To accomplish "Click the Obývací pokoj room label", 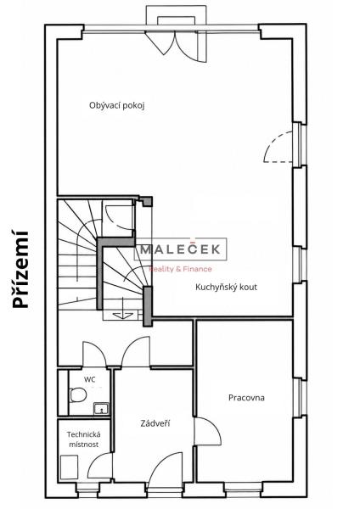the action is (116, 106).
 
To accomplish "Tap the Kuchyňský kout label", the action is (226, 287).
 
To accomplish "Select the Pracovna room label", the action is (246, 398).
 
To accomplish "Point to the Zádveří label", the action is (155, 423).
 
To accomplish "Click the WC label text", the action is (90, 379).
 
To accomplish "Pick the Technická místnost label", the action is (83, 439).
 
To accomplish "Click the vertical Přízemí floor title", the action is (20, 269).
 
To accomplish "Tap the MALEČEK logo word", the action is (180, 249).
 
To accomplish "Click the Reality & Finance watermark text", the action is (180, 269).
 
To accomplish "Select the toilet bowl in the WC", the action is (77, 394).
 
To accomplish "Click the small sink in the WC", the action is (101, 409).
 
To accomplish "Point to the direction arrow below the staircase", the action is (123, 315).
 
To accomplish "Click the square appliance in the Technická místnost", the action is (70, 467).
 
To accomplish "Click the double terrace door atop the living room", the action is (176, 46).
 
